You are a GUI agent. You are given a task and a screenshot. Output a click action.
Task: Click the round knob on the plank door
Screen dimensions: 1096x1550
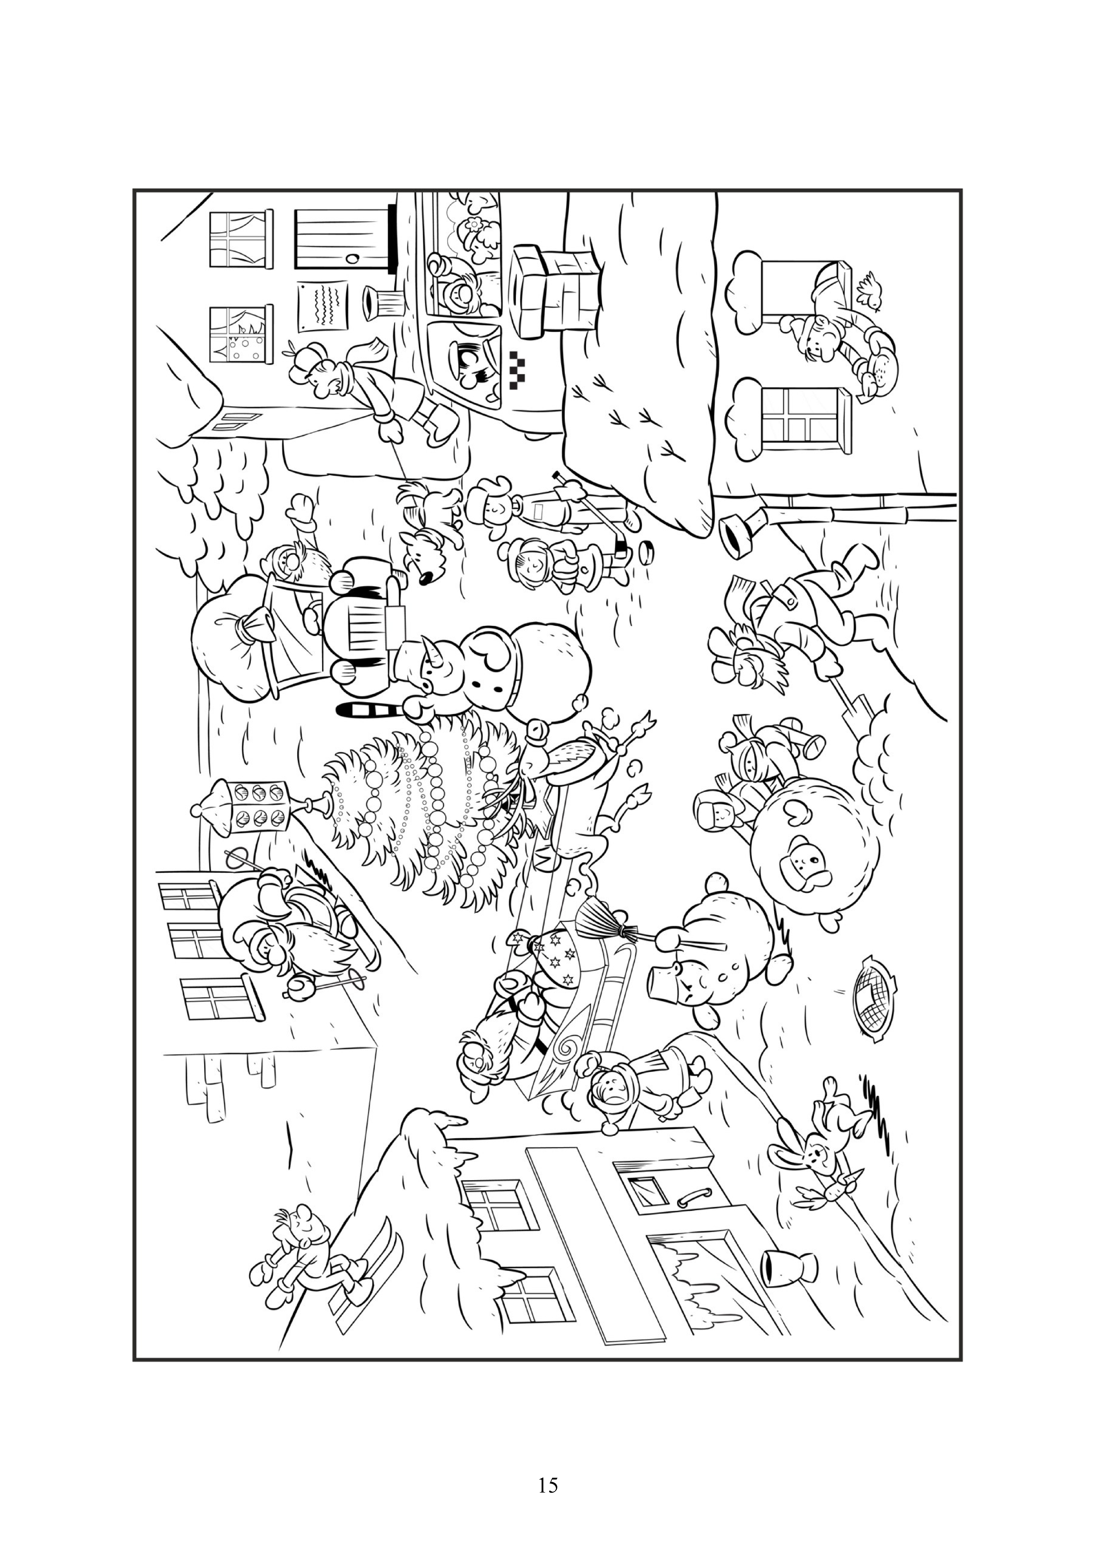pyautogui.click(x=353, y=258)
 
